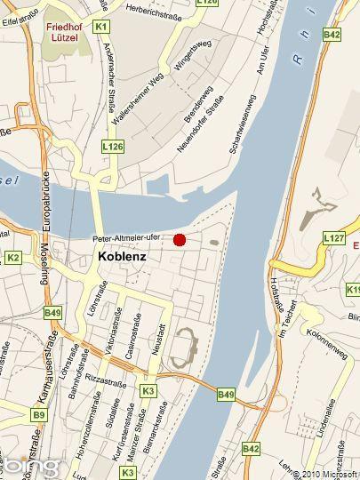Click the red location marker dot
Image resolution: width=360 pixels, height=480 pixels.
(x=180, y=239)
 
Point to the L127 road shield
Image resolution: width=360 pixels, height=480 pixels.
(x=333, y=238)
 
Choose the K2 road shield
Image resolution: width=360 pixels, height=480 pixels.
(x=12, y=258)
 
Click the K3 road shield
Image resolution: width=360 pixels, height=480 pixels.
(x=148, y=390)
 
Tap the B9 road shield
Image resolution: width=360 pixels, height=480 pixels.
(x=38, y=414)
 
